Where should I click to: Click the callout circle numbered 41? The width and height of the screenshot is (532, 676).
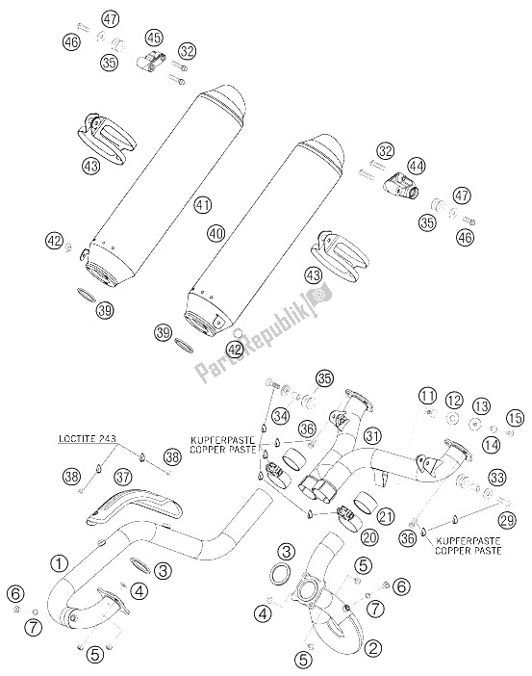(x=202, y=205)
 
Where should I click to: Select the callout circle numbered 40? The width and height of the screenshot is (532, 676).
(x=215, y=234)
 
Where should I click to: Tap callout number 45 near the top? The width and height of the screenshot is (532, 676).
(x=154, y=38)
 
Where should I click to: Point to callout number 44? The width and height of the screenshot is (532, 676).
(x=417, y=166)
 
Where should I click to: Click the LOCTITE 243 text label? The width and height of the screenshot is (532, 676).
(x=87, y=438)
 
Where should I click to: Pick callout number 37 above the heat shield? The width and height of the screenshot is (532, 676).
(x=124, y=477)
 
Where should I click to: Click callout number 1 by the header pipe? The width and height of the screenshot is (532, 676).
(x=60, y=562)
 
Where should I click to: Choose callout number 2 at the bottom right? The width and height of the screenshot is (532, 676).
(x=373, y=647)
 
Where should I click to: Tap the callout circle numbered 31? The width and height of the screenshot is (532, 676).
(x=372, y=436)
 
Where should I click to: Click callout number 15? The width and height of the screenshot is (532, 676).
(x=516, y=418)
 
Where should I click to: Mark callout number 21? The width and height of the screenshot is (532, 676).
(x=385, y=516)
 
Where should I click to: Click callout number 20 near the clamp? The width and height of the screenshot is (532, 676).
(x=369, y=537)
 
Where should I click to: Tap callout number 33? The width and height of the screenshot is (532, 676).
(x=496, y=478)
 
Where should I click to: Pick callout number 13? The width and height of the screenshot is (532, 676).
(x=481, y=406)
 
